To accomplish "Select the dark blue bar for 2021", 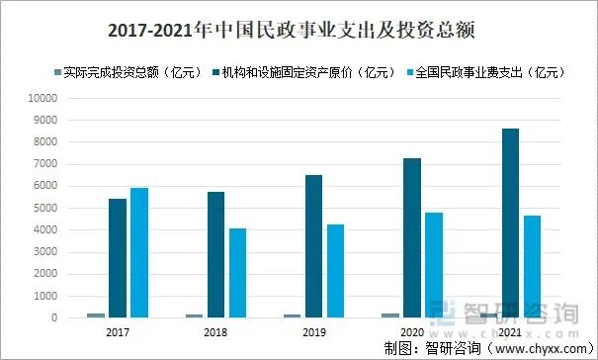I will click(x=510, y=224).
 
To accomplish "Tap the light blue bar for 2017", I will click(x=138, y=253).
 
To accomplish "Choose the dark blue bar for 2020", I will click(x=411, y=238).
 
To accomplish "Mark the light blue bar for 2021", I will click(x=532, y=267).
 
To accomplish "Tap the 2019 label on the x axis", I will click(x=313, y=333).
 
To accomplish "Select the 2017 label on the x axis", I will click(x=117, y=333).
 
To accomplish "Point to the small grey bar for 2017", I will click(x=96, y=315).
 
